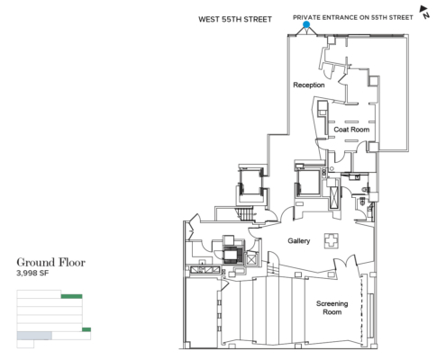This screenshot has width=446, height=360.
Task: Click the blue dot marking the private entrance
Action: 306,24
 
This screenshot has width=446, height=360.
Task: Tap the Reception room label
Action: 309,85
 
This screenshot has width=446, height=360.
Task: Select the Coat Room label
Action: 351,130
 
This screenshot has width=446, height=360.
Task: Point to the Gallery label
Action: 298,241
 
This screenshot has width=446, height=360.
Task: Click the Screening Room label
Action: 332,308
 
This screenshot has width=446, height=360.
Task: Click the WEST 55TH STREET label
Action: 235,20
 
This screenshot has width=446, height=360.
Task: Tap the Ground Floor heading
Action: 51,263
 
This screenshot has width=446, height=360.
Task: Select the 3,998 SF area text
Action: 32,274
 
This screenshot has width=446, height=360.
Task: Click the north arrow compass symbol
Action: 424,12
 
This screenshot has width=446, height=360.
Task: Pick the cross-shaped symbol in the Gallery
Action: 331,241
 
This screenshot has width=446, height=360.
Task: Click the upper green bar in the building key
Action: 71,296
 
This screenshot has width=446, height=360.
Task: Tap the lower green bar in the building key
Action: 86,329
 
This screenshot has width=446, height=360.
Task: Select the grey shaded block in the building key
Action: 34,336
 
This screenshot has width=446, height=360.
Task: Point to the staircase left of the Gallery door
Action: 245,214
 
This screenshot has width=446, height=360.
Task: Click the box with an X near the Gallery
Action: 251,259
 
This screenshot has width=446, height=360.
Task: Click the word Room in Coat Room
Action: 360,130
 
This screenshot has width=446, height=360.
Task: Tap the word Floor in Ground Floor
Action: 72,263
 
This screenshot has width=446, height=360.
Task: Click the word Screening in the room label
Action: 332,304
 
